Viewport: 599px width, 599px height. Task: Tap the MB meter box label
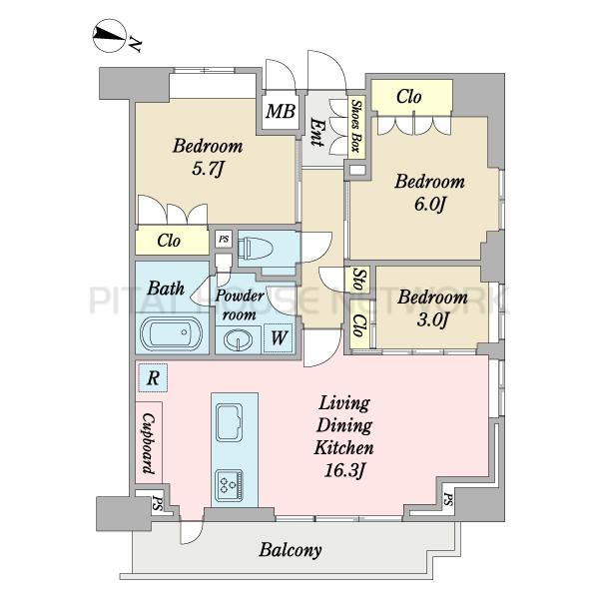coord(281,111)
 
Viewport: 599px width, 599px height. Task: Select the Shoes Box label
coord(356,126)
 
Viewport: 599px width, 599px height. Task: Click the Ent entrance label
coord(315,132)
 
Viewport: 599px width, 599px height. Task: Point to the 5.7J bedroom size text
coord(207,169)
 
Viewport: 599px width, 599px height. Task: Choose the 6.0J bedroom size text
coord(430,205)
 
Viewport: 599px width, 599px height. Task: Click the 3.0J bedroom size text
coord(432,319)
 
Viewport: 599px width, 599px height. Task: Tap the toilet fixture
coord(256,249)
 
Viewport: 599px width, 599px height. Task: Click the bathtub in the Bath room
coord(171,333)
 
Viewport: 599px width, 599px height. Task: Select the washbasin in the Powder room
coord(238,339)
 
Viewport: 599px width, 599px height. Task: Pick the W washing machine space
coord(279,338)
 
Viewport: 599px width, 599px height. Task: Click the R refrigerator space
coord(153,377)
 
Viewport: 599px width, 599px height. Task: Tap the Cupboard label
coord(149,443)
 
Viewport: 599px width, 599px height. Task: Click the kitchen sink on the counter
coord(230,422)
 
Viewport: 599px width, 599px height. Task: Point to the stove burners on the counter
coord(230,485)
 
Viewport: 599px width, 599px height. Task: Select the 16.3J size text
coord(344,470)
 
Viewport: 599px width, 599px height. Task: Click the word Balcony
coord(291,550)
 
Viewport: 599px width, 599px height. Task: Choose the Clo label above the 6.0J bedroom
coord(409,97)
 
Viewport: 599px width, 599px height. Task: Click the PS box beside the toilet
coord(224,240)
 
